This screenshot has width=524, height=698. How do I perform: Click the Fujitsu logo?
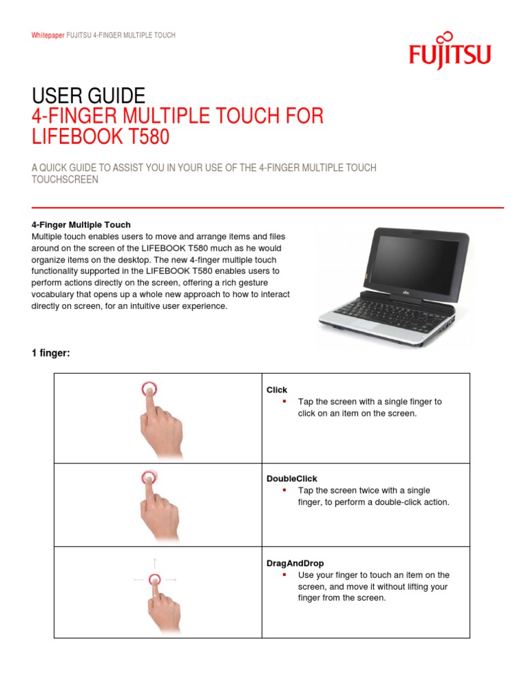click(450, 52)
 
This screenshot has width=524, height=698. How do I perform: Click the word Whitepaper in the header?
click(48, 35)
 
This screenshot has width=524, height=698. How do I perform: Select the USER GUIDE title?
click(89, 95)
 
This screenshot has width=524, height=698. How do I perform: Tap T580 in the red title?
click(144, 137)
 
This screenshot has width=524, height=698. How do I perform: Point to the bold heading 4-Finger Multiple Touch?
click(81, 225)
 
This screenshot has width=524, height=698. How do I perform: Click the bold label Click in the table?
click(276, 390)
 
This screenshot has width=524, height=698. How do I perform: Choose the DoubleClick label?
click(291, 479)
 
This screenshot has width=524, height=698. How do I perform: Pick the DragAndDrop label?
click(295, 564)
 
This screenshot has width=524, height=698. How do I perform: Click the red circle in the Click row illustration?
click(149, 389)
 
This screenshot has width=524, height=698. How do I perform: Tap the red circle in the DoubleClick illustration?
click(149, 477)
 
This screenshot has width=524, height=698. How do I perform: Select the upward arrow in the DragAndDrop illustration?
click(154, 563)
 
